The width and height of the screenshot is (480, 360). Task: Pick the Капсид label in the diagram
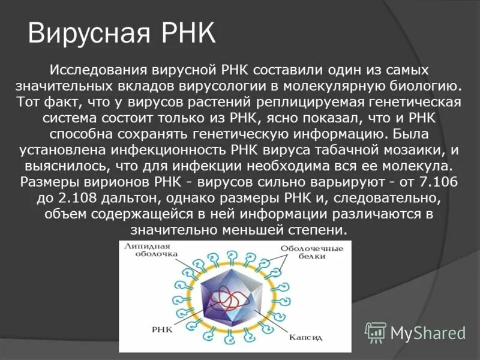[x=308, y=338]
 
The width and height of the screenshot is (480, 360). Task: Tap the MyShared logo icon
[x=376, y=332]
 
